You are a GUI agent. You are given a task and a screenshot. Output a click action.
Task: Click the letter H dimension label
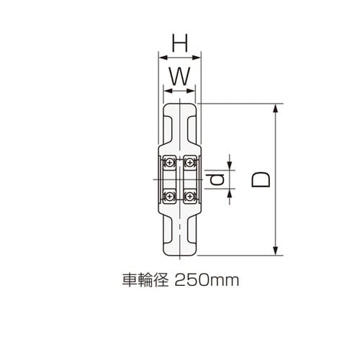pyautogui.click(x=179, y=45)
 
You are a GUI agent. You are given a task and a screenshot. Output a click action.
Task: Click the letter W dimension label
pyautogui.click(x=179, y=74)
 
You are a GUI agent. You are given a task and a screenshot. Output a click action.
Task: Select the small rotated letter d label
pyautogui.click(x=218, y=178)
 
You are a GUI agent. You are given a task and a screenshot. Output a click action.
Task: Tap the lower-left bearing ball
pyautogui.click(x=170, y=194)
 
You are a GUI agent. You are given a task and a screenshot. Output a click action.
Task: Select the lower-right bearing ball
pyautogui.click(x=190, y=194)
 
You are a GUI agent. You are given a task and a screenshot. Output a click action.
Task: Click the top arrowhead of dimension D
pyautogui.click(x=275, y=108)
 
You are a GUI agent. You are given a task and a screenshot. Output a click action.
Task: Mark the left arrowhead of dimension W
pyautogui.click(x=166, y=90)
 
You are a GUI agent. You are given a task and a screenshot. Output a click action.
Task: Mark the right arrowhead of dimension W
pyautogui.click(x=193, y=90)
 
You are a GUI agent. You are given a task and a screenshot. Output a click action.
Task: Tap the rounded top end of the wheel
pyautogui.click(x=179, y=106)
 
